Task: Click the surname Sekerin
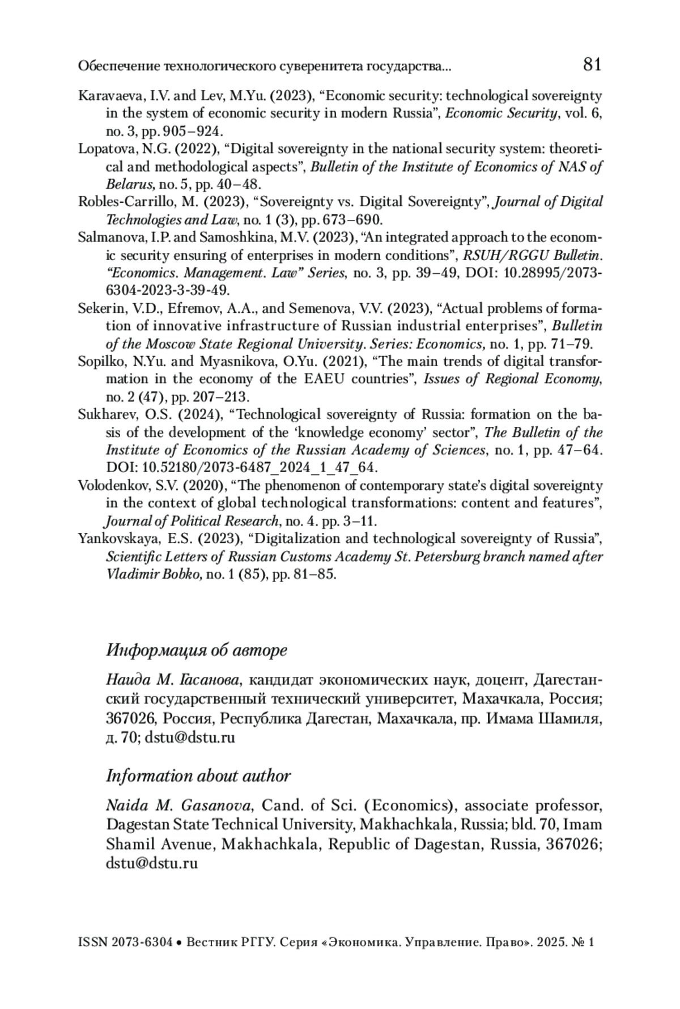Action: tap(98, 309)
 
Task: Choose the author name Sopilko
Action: tap(97, 362)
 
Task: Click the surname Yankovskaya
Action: tap(112, 539)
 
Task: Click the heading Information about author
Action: tap(198, 776)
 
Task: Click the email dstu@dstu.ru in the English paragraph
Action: tap(152, 864)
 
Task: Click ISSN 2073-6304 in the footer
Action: tap(125, 943)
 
